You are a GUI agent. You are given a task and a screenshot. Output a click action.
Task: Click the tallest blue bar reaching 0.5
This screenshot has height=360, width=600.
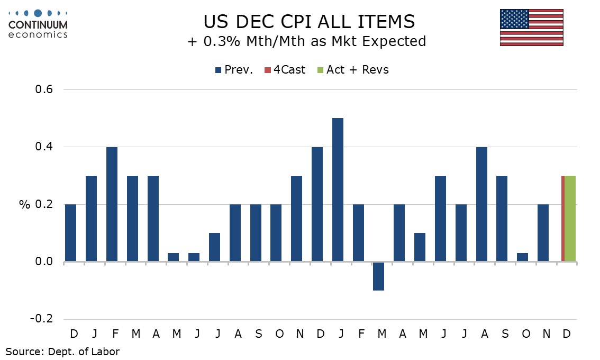[x=338, y=190]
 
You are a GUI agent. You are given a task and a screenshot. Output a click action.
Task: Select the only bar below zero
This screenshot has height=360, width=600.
[x=379, y=276]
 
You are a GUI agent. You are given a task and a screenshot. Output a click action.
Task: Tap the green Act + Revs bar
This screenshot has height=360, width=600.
[x=570, y=218]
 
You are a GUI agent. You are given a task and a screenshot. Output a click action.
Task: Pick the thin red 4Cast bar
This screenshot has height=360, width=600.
[x=562, y=218]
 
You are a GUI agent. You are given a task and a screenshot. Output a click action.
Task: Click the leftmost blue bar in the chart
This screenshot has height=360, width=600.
[x=70, y=233]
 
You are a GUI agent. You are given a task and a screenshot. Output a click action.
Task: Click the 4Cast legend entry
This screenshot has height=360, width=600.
[x=286, y=70]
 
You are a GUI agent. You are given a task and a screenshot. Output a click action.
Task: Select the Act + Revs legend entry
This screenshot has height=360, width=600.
[x=352, y=70]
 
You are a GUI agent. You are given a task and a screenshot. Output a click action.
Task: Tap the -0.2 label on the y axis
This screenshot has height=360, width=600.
[x=41, y=319]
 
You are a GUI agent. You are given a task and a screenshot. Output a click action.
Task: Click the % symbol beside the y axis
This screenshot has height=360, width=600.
[x=24, y=204]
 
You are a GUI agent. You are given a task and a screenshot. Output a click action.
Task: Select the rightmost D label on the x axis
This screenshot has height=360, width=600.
[x=566, y=334]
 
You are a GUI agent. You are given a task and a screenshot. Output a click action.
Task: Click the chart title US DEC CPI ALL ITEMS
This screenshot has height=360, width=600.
[x=310, y=22]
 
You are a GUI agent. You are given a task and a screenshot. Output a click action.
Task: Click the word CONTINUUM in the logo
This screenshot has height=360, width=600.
[x=38, y=24]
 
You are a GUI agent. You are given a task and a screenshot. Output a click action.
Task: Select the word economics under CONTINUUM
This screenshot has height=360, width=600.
[x=38, y=34]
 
